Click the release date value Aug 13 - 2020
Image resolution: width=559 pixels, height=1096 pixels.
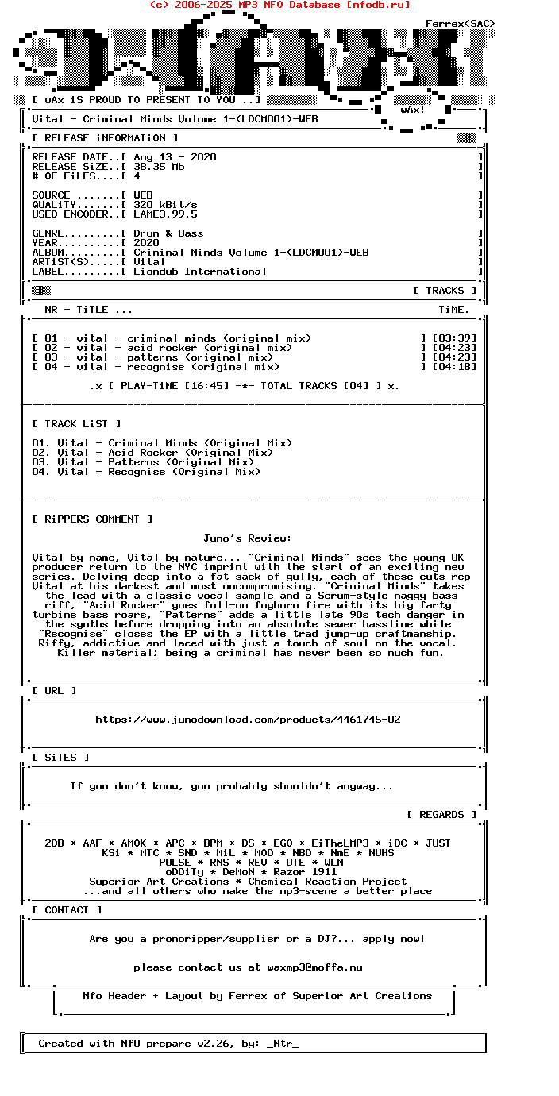[x=175, y=157]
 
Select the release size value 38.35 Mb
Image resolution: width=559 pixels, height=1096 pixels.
[x=159, y=167]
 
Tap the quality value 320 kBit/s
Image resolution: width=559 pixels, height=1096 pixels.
[x=165, y=205]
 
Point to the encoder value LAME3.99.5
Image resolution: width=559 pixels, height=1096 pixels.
[x=165, y=214]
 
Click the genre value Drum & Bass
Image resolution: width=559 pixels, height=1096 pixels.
[x=168, y=233]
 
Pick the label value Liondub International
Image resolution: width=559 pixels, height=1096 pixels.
[x=200, y=272]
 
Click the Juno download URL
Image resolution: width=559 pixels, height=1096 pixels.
[x=248, y=720]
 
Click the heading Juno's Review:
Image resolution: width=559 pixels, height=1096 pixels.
[x=247, y=538]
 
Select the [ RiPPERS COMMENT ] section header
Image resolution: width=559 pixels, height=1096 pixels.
[x=92, y=519]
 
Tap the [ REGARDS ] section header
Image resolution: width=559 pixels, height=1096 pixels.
[x=441, y=815]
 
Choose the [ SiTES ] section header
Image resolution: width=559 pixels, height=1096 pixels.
[x=60, y=758]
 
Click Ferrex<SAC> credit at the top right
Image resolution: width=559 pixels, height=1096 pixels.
[x=460, y=24]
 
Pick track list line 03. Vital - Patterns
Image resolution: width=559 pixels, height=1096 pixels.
[x=143, y=462]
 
